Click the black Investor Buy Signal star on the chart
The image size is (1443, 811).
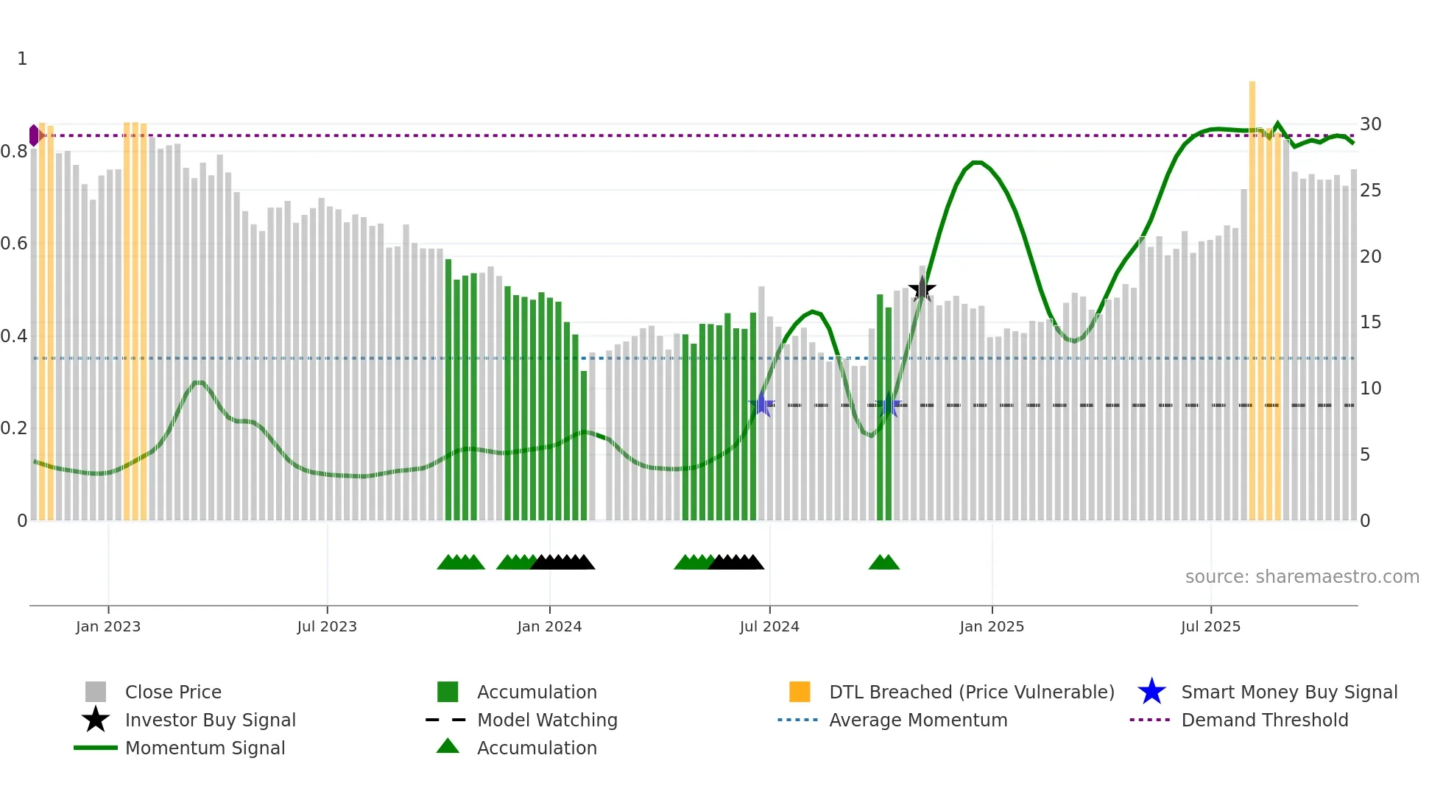[922, 289]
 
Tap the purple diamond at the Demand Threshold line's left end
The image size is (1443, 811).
[34, 135]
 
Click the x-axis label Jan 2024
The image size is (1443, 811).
[549, 626]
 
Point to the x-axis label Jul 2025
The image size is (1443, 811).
[1210, 626]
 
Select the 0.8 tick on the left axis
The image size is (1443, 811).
[14, 152]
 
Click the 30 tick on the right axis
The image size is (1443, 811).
[1370, 124]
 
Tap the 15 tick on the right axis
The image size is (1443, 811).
[1370, 322]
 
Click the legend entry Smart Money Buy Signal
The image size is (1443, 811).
[1288, 692]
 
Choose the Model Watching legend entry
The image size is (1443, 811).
[546, 720]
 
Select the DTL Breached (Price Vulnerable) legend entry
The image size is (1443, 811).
[971, 692]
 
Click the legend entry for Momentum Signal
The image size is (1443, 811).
[205, 748]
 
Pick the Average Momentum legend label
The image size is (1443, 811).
[917, 720]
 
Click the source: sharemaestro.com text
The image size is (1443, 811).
[1302, 577]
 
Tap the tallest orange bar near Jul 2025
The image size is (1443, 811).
[1252, 294]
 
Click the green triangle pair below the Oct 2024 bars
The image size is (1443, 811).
[883, 562]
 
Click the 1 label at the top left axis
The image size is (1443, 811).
[22, 59]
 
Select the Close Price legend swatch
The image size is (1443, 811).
[96, 692]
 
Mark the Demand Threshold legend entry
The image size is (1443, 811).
[1264, 720]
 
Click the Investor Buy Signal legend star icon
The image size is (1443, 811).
[96, 720]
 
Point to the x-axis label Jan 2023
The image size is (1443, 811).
[108, 626]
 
